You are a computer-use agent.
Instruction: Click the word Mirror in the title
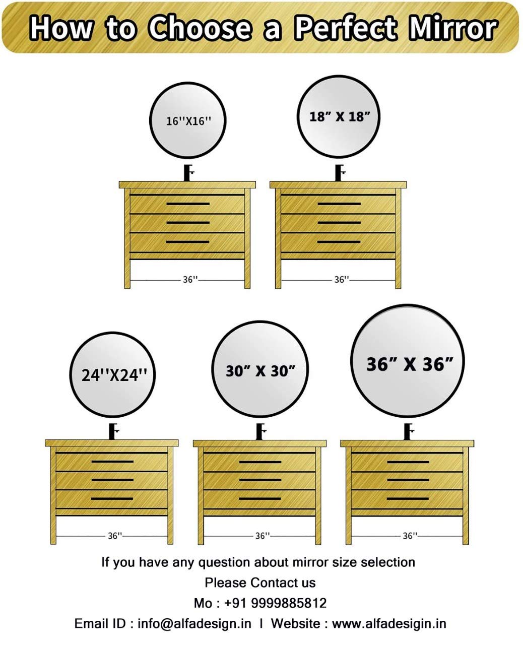pos(452,28)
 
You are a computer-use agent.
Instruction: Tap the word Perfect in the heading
pos(346,28)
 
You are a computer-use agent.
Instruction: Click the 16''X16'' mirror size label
pos(188,121)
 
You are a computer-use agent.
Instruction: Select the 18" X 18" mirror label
pos(340,116)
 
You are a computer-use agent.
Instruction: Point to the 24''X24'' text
pos(114,375)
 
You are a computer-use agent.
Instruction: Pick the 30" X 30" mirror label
pos(260,371)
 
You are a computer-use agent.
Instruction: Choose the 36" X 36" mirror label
pos(410,364)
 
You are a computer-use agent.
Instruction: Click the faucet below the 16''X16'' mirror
pos(188,173)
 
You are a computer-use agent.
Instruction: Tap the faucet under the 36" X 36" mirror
pos(409,432)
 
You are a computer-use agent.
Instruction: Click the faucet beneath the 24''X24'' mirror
pos(114,432)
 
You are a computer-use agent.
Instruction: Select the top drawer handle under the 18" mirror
pos(339,204)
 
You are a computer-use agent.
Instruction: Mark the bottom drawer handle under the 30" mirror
pos(260,498)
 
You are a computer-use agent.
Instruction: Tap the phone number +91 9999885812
pos(275,603)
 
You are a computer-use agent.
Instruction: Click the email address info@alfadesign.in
pos(194,624)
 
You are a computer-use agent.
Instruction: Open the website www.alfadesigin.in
pos(389,624)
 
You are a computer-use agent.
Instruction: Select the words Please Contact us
pos(260,583)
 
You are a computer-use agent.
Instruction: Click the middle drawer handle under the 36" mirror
pos(408,480)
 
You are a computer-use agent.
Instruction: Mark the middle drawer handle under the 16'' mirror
pos(188,223)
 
